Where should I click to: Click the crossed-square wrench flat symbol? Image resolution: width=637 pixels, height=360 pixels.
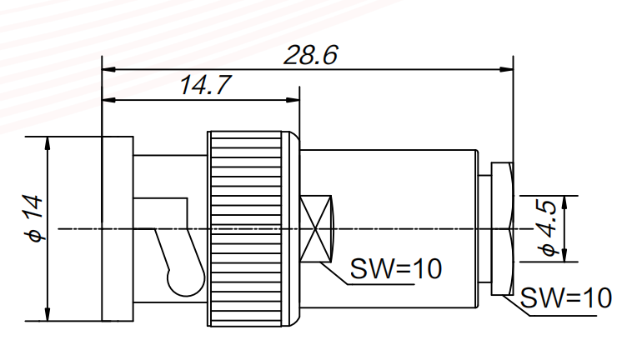tap(316, 228)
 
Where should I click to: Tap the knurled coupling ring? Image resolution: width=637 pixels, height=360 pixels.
tap(253, 228)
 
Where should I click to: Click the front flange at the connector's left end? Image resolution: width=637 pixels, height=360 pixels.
tap(117, 228)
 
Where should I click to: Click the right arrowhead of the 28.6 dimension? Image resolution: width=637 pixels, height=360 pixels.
tap(507, 70)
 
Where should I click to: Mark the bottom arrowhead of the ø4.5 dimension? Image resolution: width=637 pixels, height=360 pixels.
tap(565, 256)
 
